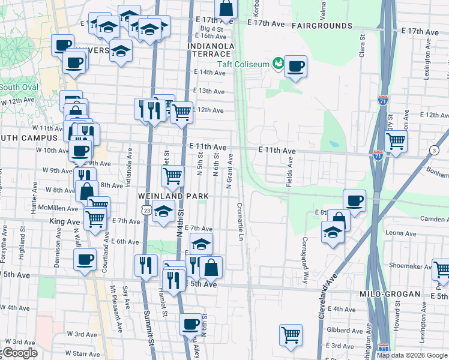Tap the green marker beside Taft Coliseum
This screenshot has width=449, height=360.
click(278, 62)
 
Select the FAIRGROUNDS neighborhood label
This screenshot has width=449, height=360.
click(322, 26)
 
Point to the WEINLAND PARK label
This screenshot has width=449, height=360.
click(173, 196)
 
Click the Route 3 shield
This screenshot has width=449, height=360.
click(433, 149)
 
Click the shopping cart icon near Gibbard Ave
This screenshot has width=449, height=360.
click(291, 335)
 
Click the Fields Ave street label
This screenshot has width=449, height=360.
click(290, 170)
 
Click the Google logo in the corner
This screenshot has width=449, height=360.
click(20, 353)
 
